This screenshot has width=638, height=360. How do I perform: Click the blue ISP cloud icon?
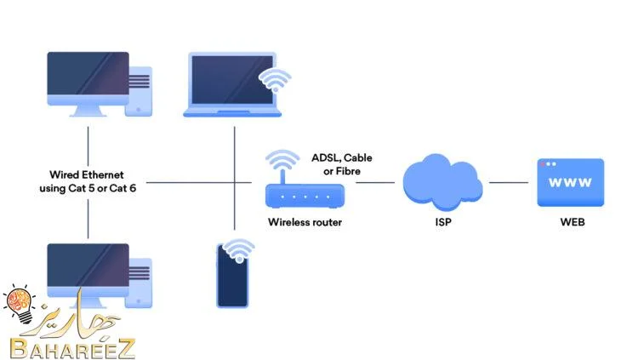442,182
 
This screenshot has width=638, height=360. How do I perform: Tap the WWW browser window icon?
571,182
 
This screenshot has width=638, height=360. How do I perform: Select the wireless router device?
305,196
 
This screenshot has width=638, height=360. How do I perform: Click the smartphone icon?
232,276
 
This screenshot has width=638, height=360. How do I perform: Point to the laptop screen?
232,80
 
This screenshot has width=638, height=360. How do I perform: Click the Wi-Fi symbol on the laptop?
275,80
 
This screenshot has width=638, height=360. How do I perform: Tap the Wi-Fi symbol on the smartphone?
239,250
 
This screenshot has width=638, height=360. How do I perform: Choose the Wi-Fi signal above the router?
282,161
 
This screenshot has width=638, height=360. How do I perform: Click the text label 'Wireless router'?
305,222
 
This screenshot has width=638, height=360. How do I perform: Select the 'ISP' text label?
443,222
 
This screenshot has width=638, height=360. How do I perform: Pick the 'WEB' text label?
572,222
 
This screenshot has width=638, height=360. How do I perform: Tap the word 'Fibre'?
348,171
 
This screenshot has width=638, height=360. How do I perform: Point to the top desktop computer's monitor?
88,83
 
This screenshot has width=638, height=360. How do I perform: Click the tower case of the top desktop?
140,92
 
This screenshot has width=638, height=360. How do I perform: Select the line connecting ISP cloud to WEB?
509,182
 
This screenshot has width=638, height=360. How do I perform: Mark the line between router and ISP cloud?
375,182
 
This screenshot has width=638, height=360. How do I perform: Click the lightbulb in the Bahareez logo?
20,304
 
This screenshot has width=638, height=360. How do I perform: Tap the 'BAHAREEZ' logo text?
72,349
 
